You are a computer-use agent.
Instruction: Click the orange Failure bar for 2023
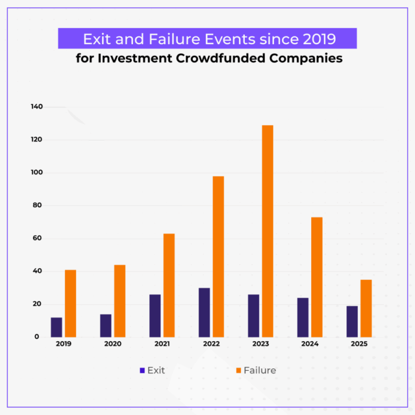coord(267,231)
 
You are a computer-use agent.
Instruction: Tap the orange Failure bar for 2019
coord(71,303)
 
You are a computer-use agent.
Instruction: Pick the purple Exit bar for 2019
coord(57,327)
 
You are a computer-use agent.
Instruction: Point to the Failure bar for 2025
coord(366,308)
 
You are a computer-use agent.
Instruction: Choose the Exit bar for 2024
coord(302,317)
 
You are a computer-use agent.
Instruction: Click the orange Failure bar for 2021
coord(169,285)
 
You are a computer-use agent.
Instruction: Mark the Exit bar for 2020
coord(106,325)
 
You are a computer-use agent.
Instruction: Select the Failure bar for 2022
coord(218,256)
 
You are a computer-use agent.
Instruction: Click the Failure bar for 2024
coord(316,277)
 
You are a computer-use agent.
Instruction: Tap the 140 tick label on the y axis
coord(37,107)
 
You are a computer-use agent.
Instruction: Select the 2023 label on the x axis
coord(260,343)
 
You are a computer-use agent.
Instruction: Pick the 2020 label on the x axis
coord(113,343)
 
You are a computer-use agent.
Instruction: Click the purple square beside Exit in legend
coord(142,370)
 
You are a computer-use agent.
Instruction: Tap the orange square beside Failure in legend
coord(238,370)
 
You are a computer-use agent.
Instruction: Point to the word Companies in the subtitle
coord(310,58)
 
